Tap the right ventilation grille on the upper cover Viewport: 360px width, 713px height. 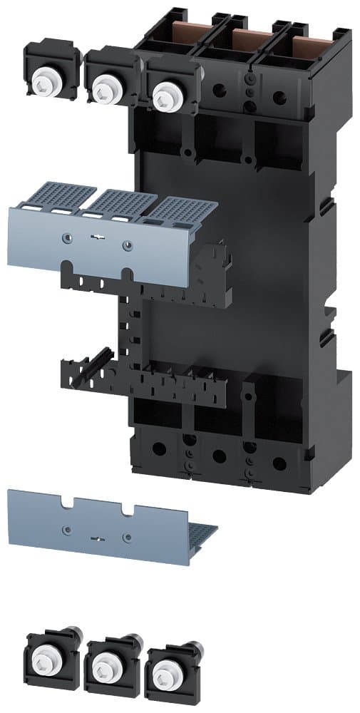click(184, 211)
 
